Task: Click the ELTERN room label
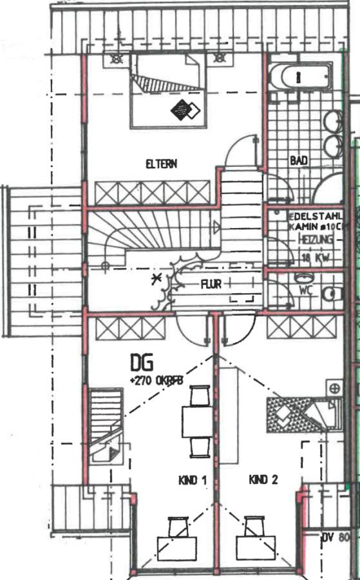(x=161, y=164)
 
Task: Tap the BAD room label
(x=298, y=160)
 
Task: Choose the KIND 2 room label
(x=263, y=479)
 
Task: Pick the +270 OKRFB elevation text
(x=156, y=381)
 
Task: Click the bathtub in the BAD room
(x=299, y=77)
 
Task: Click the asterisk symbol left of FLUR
(x=154, y=279)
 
